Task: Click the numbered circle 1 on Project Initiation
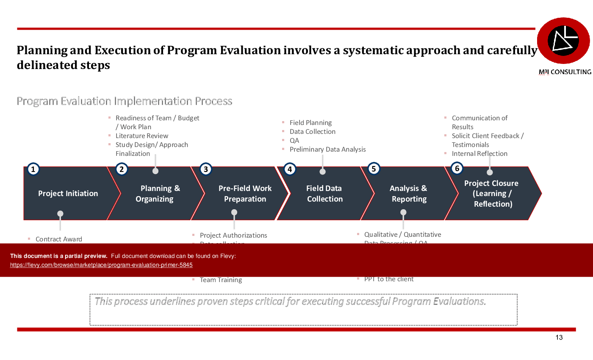[x=33, y=170]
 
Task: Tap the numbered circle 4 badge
[x=289, y=169]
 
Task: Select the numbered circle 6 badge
[x=457, y=169]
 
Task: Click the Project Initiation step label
[x=68, y=194]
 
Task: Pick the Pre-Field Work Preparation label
[x=245, y=194]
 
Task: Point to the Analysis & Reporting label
[x=408, y=194]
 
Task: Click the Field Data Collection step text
[x=324, y=194]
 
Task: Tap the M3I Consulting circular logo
[x=563, y=41]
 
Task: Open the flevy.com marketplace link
[x=101, y=265]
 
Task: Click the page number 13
[x=559, y=338]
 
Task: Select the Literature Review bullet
[x=142, y=136]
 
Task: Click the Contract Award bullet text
[x=59, y=239]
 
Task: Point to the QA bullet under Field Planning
[x=294, y=141]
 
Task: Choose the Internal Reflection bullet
[x=479, y=154]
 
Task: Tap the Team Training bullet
[x=221, y=280]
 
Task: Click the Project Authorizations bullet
[x=233, y=235]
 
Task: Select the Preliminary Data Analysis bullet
[x=327, y=150]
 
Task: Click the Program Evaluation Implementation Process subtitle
[x=124, y=101]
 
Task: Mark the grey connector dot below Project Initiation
[x=60, y=213]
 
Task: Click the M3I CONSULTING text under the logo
[x=565, y=72]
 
